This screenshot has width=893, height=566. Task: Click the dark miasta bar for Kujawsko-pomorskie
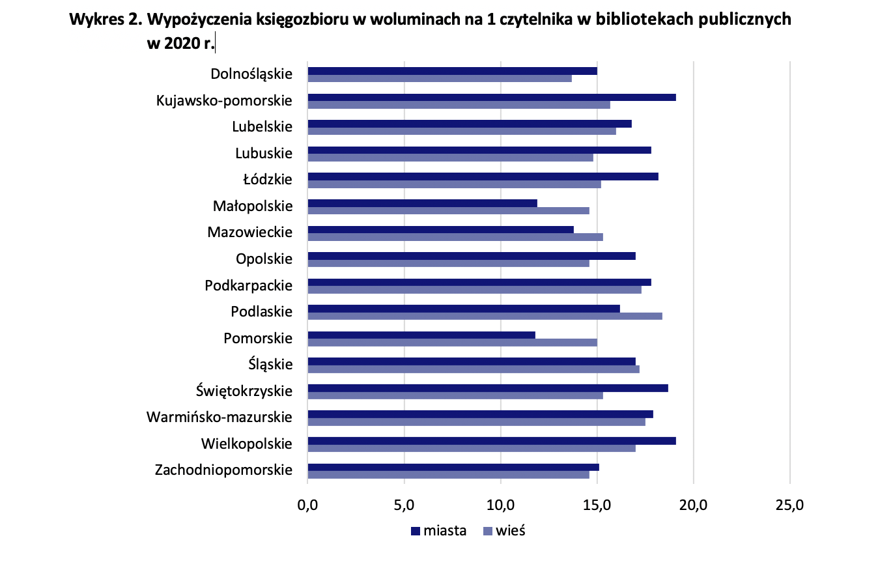click(x=491, y=98)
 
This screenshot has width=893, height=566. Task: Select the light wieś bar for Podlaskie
click(x=485, y=316)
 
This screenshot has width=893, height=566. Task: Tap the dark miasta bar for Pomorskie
click(x=421, y=335)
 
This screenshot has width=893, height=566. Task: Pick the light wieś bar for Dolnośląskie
click(x=440, y=78)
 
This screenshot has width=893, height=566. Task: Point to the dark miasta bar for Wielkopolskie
click(x=491, y=441)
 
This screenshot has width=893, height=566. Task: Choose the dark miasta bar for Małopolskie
click(x=422, y=203)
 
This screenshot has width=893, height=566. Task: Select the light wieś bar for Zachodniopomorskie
click(x=448, y=475)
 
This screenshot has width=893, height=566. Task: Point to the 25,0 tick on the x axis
click(x=790, y=505)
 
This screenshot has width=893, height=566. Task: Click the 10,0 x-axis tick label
click(x=501, y=505)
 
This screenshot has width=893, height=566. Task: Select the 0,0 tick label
click(x=307, y=505)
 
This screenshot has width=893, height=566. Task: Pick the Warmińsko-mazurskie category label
click(x=220, y=416)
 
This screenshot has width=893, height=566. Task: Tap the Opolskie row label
click(x=264, y=259)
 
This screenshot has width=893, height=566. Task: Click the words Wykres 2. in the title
click(x=106, y=20)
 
